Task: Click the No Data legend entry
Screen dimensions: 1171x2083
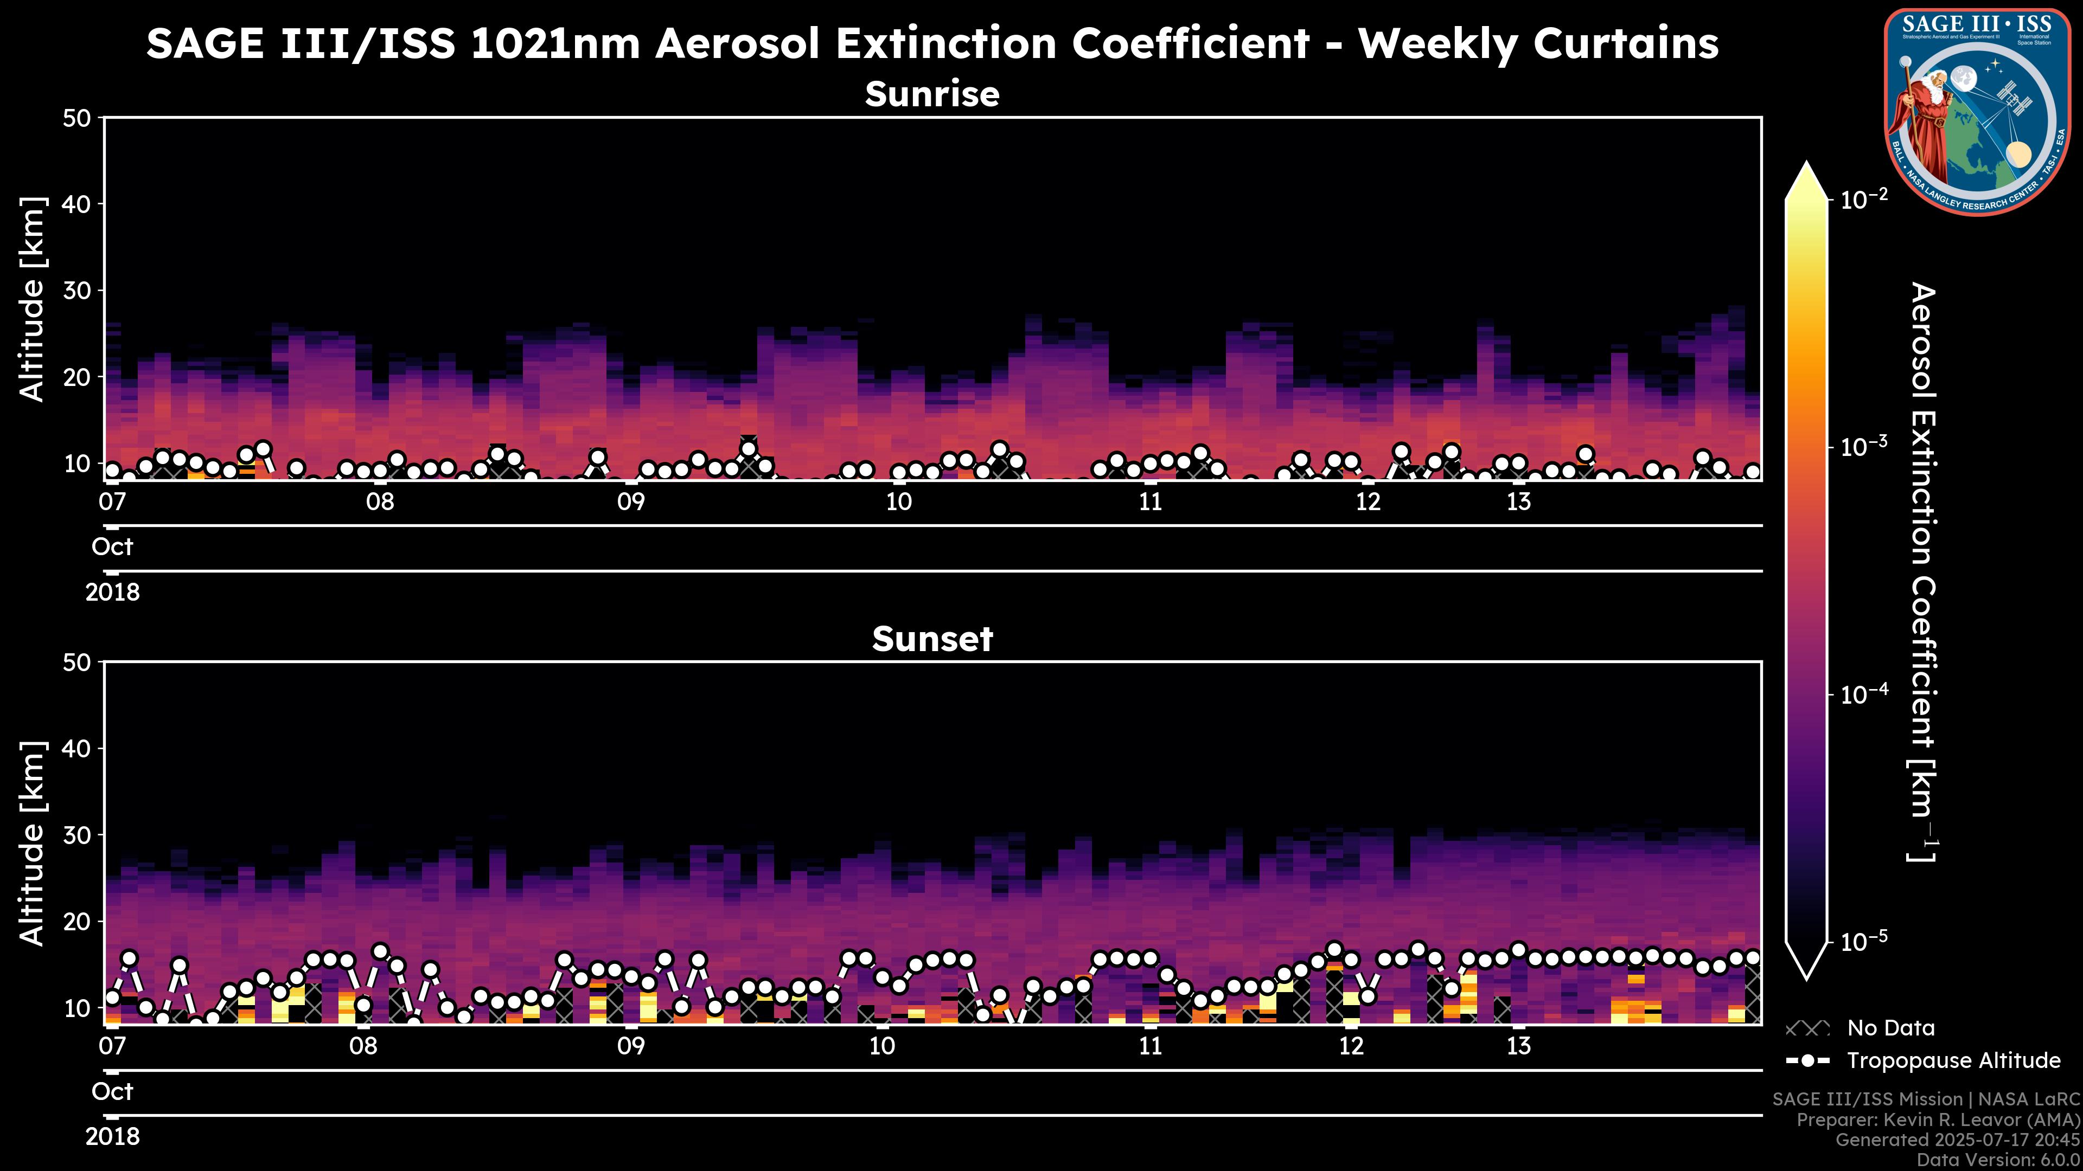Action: pyautogui.click(x=1890, y=1028)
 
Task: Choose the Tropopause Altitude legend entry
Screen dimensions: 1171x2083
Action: pyautogui.click(x=1953, y=1060)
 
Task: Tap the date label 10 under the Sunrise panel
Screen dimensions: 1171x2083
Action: pyautogui.click(x=898, y=502)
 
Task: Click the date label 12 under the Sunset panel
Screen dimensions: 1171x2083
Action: pyautogui.click(x=1351, y=1046)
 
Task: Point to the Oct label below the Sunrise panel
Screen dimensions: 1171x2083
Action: pyautogui.click(x=112, y=547)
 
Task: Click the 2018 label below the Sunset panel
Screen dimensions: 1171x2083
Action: pyautogui.click(x=112, y=1137)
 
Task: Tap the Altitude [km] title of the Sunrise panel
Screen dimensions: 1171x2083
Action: pyautogui.click(x=33, y=299)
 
